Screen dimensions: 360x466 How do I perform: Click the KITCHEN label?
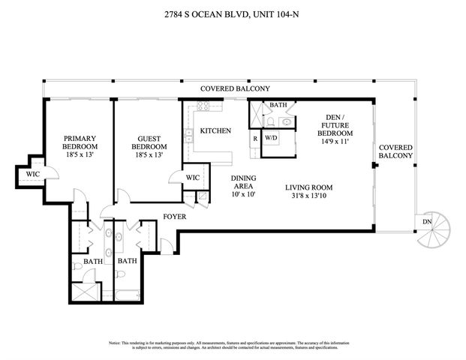[215, 131]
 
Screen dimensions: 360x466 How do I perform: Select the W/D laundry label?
[270, 138]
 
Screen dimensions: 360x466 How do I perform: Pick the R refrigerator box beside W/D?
[255, 138]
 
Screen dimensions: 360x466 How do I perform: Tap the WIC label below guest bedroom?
[192, 178]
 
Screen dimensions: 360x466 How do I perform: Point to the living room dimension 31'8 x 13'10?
[308, 198]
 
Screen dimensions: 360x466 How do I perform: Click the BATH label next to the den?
[278, 106]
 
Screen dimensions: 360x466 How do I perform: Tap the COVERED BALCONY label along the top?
[234, 88]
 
